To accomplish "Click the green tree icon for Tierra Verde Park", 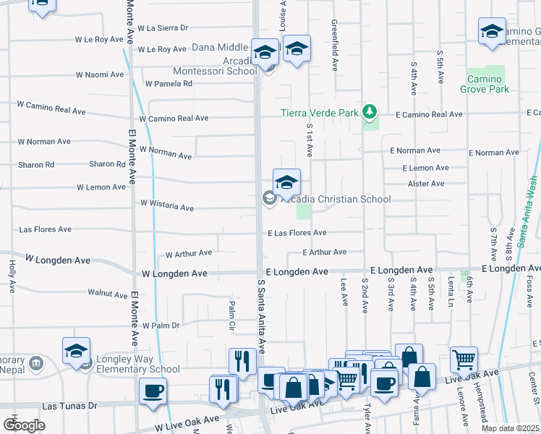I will [370, 111].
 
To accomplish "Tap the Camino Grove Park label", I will [484, 84].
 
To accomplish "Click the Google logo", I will [24, 425].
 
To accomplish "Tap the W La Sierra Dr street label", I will [163, 28].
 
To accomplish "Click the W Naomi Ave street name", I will [101, 75].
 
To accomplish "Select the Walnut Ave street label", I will [107, 294].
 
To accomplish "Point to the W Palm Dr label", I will [161, 325].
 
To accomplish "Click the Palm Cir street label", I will [232, 310].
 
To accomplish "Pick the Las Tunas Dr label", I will [69, 407].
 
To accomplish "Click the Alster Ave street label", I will [426, 184].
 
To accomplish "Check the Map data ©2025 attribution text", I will [510, 428].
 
